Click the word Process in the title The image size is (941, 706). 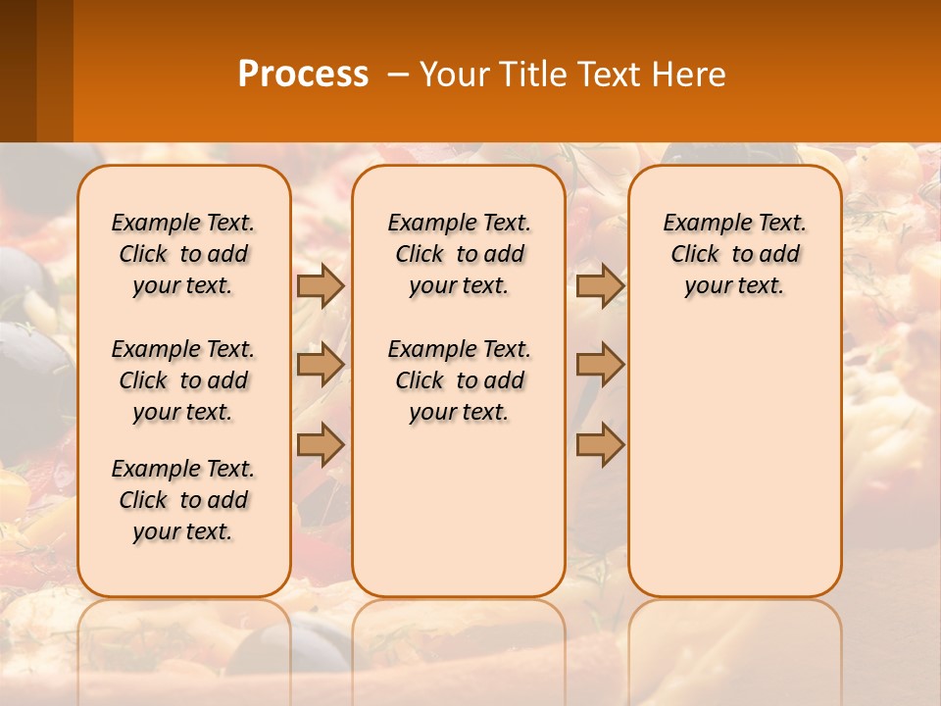(x=303, y=75)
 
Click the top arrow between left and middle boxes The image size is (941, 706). (x=321, y=285)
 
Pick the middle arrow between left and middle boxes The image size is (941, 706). (x=321, y=365)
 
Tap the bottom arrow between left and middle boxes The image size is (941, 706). (x=321, y=445)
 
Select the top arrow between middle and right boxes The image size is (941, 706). (x=600, y=285)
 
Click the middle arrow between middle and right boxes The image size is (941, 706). (x=600, y=365)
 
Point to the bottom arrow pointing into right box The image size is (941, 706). (x=600, y=445)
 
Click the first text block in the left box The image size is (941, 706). (x=183, y=254)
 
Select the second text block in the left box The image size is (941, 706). (x=183, y=380)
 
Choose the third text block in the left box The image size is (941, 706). (x=183, y=500)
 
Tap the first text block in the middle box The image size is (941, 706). (x=459, y=254)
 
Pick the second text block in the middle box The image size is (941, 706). (x=459, y=380)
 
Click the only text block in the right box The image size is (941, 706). (x=735, y=254)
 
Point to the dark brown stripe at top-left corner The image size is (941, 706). (x=18, y=71)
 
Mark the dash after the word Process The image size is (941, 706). (x=398, y=75)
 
